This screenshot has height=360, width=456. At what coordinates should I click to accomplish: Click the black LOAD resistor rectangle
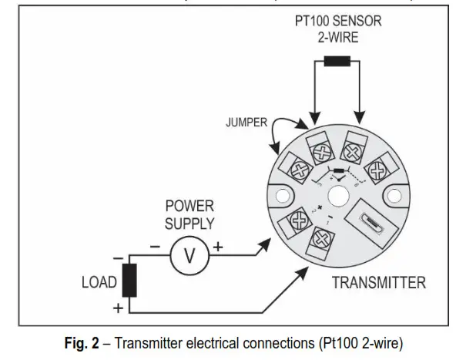[129, 281]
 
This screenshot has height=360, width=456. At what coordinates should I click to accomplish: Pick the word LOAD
[99, 282]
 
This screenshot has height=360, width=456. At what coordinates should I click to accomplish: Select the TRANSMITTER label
[378, 282]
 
